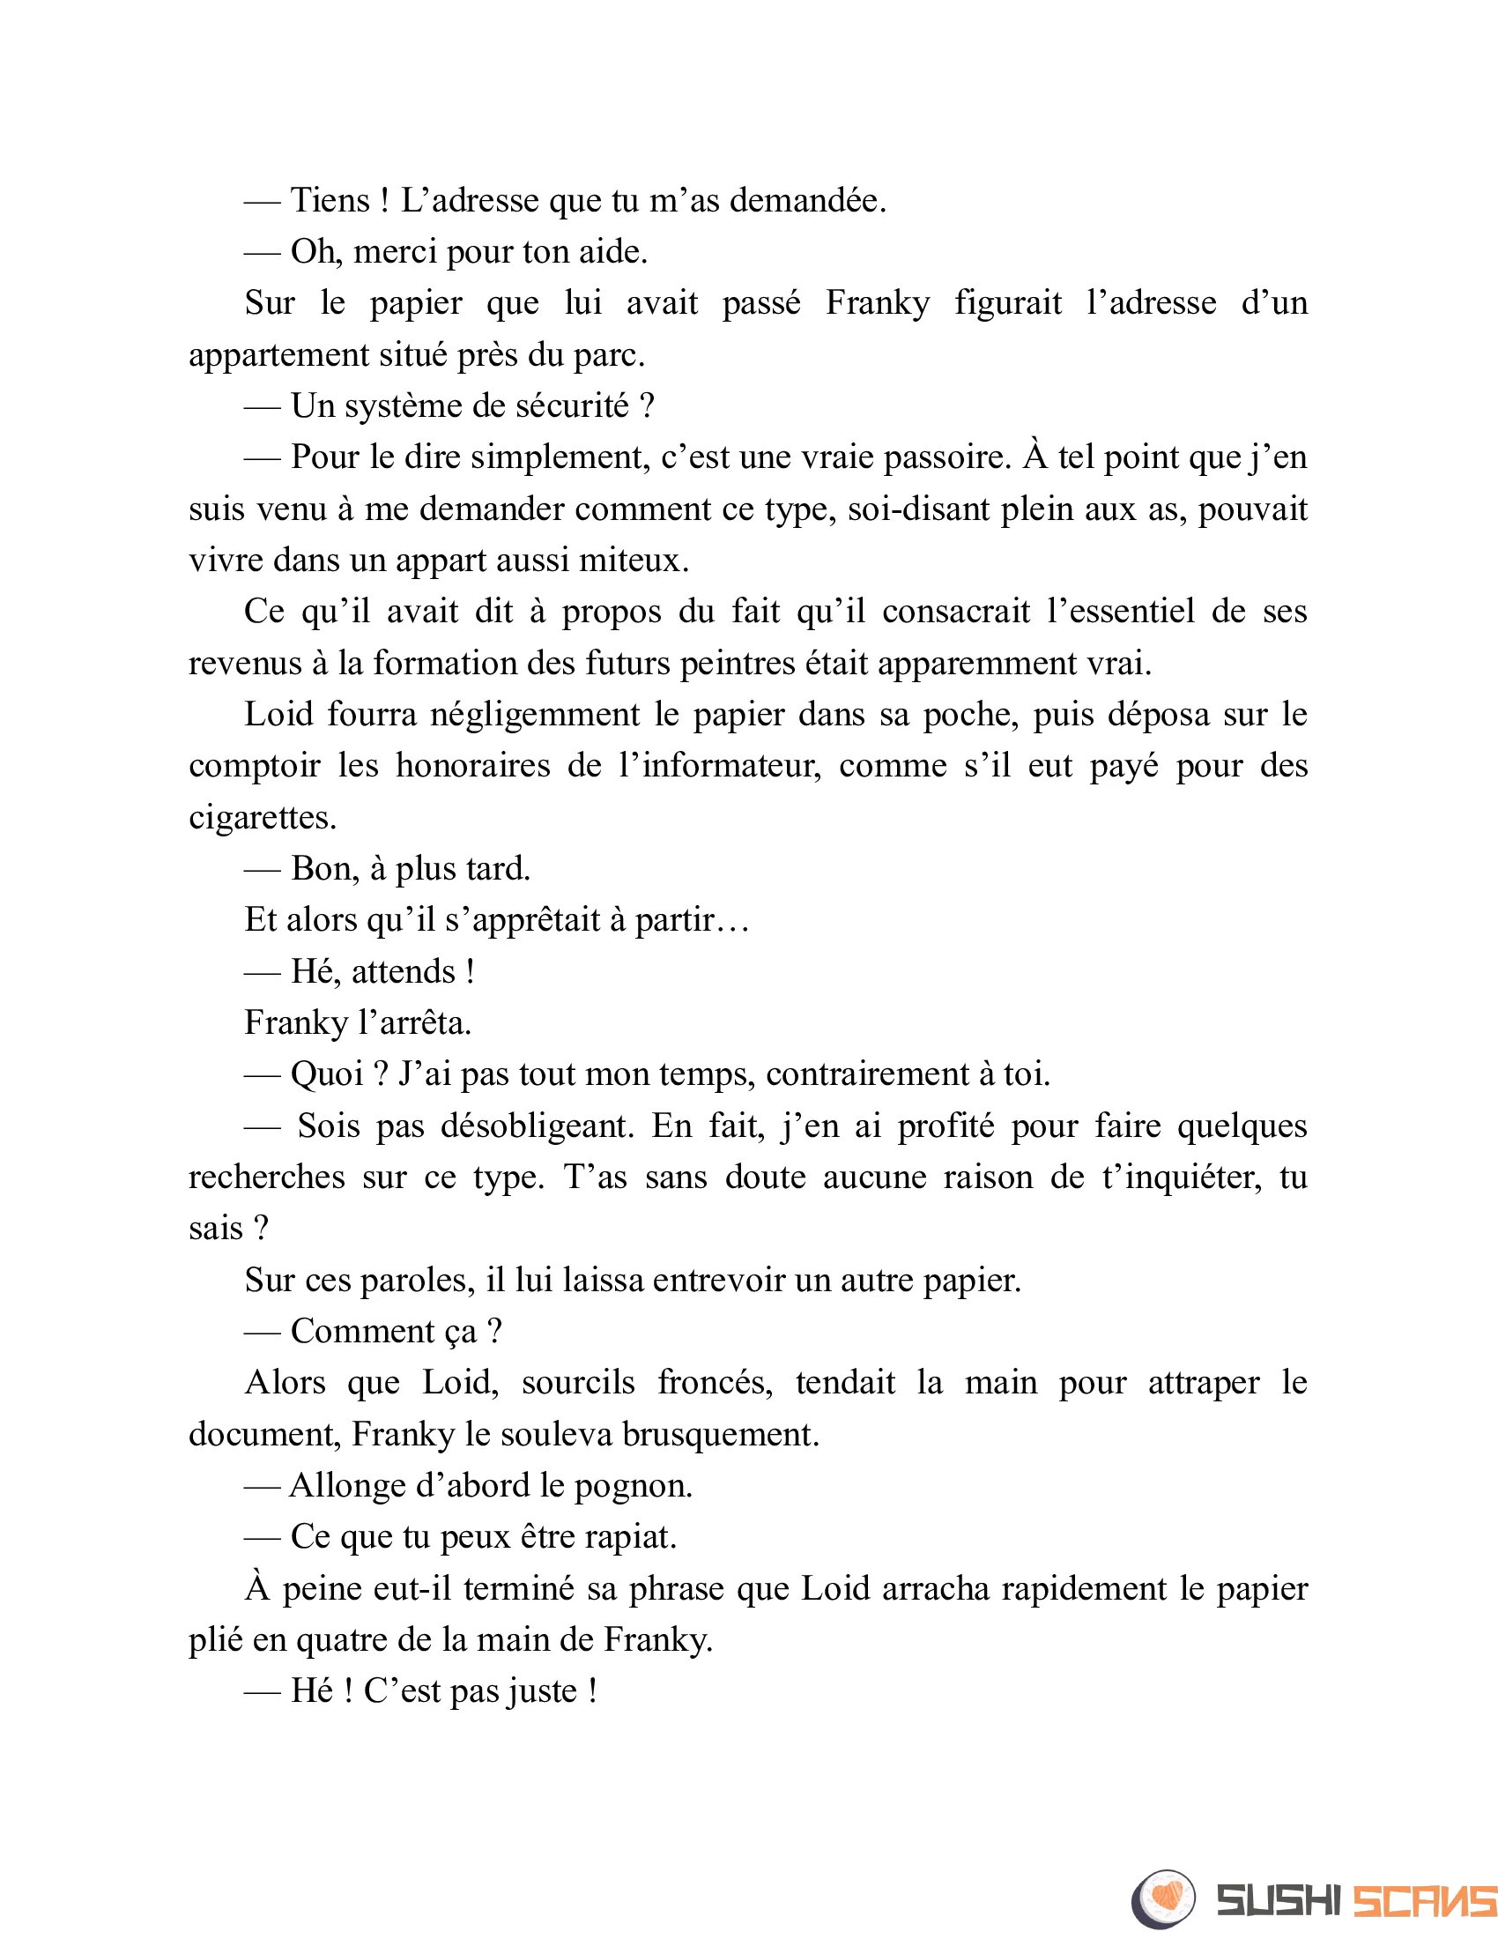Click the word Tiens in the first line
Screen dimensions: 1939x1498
coord(330,201)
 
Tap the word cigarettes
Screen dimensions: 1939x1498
coord(263,818)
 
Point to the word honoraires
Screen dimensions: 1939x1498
coord(473,766)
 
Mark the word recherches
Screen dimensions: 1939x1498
coord(266,1178)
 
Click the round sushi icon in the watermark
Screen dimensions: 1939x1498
coord(1163,1899)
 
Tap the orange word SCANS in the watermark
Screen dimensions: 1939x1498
coord(1423,1901)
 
